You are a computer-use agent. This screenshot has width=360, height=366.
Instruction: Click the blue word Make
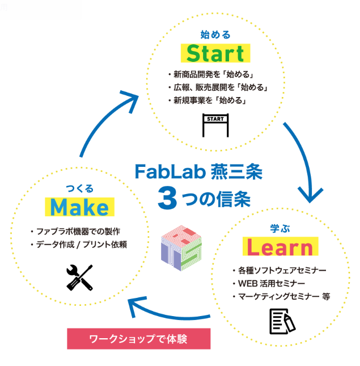pyautogui.click(x=79, y=208)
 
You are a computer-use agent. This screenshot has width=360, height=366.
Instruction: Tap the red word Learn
pyautogui.click(x=280, y=247)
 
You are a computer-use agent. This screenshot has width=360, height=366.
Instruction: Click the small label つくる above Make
pyautogui.click(x=79, y=189)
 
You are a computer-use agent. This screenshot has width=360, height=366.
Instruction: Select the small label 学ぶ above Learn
pyautogui.click(x=280, y=229)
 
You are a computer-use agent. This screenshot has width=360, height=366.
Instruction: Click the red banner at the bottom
pyautogui.click(x=139, y=339)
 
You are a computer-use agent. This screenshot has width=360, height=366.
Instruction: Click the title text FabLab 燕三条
pyautogui.click(x=199, y=171)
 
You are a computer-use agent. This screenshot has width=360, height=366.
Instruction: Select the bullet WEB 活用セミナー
pyautogui.click(x=270, y=283)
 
